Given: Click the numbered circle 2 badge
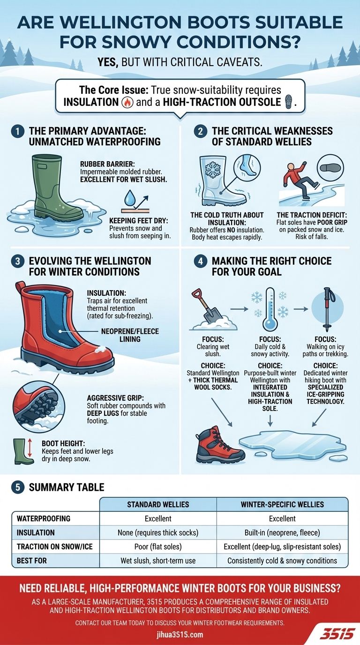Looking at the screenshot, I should click(x=201, y=132).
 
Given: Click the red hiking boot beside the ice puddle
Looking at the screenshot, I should click(x=219, y=445).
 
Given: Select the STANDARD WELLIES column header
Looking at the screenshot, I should click(x=158, y=504).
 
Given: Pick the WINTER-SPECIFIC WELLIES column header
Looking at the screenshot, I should click(x=282, y=504).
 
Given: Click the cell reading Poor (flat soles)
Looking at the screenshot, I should click(x=158, y=547).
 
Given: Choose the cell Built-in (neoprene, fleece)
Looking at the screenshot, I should click(x=282, y=532).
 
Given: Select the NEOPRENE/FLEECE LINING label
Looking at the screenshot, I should click(x=130, y=335).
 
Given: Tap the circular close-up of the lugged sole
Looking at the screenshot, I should click(x=36, y=403).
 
